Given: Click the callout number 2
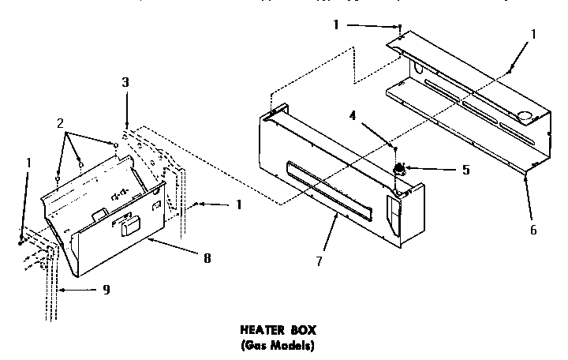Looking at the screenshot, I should point(59,124).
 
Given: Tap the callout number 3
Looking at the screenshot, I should point(125,82).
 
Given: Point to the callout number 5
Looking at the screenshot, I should point(466,169).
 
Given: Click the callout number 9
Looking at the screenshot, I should point(106,290).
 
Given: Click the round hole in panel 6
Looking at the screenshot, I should point(524,117).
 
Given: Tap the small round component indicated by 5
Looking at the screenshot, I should point(400,168).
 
